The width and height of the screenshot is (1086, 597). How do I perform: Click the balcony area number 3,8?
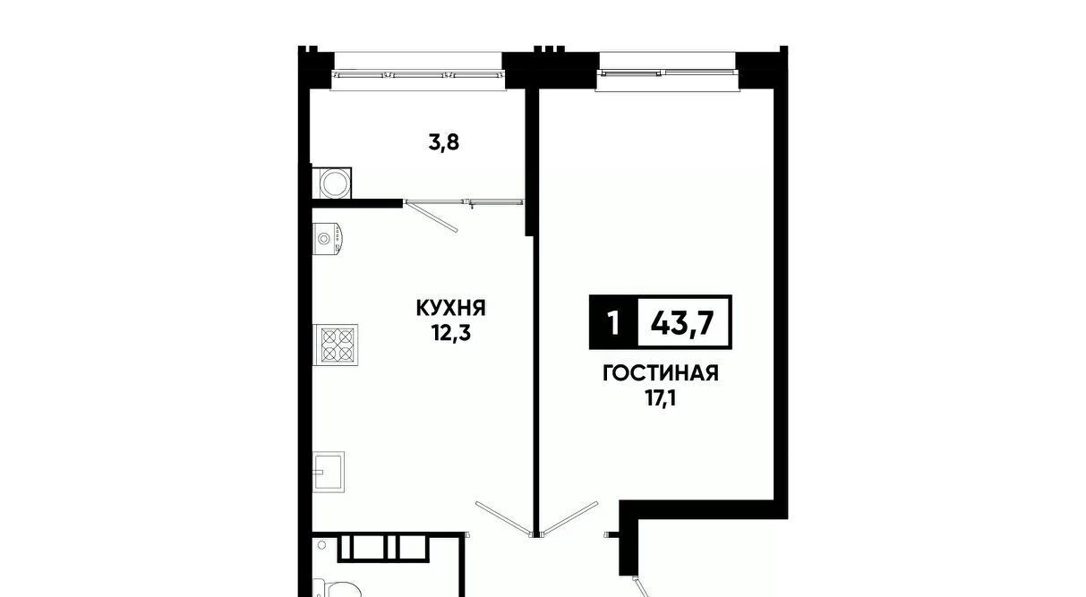click(443, 143)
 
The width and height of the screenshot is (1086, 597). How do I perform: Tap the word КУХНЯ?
click(451, 308)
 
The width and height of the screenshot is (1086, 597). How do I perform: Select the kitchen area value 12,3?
click(451, 333)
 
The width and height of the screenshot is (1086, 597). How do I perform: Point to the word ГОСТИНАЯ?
click(661, 373)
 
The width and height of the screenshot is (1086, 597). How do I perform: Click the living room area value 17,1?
click(661, 399)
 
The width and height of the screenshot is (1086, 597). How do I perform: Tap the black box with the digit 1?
click(614, 322)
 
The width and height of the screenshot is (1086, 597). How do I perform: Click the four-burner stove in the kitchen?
click(336, 345)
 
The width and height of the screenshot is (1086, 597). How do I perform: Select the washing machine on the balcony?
click(332, 183)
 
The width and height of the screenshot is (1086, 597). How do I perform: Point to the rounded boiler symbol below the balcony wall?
click(328, 238)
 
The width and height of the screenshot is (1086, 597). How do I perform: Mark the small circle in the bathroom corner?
click(321, 545)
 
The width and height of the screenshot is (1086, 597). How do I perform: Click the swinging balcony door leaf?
click(431, 217)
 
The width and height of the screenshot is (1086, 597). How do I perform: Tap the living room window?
click(667, 72)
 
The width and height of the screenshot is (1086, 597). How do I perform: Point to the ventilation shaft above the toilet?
click(383, 548)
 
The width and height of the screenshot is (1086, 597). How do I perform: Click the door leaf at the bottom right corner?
click(641, 587)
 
